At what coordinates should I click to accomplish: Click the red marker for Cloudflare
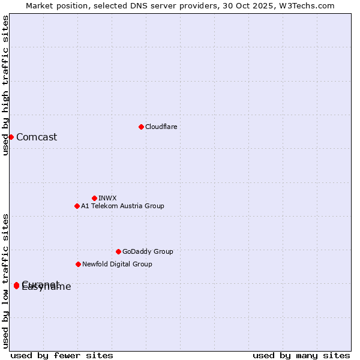click(x=141, y=127)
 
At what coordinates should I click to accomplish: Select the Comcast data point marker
click(x=11, y=137)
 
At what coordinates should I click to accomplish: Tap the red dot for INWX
click(x=94, y=198)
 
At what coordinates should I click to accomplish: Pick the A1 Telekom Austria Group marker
click(x=77, y=206)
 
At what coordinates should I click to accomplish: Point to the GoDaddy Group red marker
click(x=118, y=251)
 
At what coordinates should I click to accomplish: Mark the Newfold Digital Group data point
click(x=78, y=264)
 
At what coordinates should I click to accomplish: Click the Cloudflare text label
click(x=161, y=127)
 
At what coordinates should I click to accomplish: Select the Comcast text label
click(x=37, y=137)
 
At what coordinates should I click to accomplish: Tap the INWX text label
click(x=107, y=198)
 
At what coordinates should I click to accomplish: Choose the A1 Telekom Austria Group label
click(x=122, y=206)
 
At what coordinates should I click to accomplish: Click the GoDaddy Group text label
click(x=148, y=251)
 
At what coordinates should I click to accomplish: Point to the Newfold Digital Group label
click(x=117, y=264)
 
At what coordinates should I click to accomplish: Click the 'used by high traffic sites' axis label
click(x=5, y=85)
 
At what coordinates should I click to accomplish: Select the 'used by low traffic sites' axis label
click(x=5, y=281)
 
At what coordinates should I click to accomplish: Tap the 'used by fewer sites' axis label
click(x=62, y=355)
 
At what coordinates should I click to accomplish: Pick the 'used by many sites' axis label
click(x=301, y=355)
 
